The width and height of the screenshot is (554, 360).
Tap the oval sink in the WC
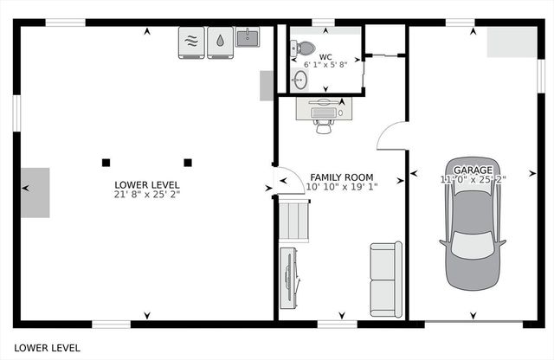300,80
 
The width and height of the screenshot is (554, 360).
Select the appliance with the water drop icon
220,42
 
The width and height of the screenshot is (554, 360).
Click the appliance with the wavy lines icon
190,42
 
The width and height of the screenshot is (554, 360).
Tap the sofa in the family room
385,278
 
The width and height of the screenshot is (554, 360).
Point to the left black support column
106,162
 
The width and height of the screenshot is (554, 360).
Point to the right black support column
187,162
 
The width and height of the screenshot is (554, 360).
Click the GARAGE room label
473,170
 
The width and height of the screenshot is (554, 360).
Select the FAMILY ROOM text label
341,177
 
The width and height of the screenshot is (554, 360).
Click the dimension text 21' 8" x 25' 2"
146,195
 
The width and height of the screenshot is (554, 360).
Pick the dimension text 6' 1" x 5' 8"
325,65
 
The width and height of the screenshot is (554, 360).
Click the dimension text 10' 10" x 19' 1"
341,187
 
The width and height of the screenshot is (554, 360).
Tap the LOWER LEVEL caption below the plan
47,347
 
